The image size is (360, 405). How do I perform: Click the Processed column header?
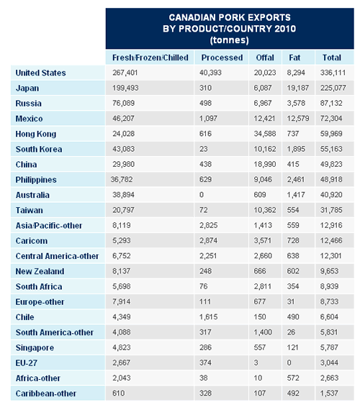[x=222, y=58]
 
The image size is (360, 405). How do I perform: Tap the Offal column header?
[x=265, y=58]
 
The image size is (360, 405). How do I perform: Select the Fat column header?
[x=294, y=58]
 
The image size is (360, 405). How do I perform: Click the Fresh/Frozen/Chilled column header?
[x=150, y=58]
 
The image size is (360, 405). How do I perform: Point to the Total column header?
[x=332, y=58]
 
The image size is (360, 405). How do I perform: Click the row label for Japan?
[x=27, y=88]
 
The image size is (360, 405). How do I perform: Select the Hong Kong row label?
[x=36, y=134]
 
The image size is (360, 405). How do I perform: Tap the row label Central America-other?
[x=57, y=256]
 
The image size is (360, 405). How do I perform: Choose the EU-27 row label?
[x=27, y=363]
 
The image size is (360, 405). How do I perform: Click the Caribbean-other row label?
[x=46, y=393]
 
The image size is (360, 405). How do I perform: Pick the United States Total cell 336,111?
[x=333, y=73]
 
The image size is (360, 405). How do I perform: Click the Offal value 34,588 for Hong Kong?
[x=265, y=134]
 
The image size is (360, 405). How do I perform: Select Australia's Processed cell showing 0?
[x=202, y=195]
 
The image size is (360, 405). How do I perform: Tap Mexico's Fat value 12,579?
[x=297, y=119]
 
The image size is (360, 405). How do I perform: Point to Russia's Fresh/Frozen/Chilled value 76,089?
[x=123, y=104]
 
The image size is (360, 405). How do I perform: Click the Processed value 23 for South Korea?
[x=203, y=149]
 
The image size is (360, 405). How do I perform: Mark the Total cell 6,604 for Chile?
[x=329, y=317]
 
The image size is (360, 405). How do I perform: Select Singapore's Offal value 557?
[x=260, y=347]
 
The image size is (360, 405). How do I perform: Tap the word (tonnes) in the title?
[x=230, y=40]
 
